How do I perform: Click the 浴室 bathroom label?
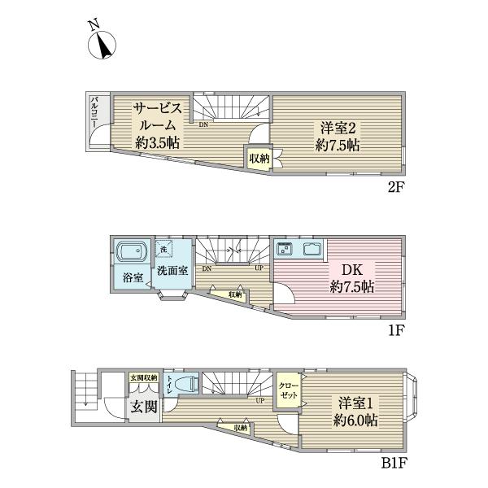click(x=133, y=277)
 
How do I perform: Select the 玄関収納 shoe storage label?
click(x=143, y=378)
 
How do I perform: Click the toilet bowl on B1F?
click(x=185, y=385)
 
